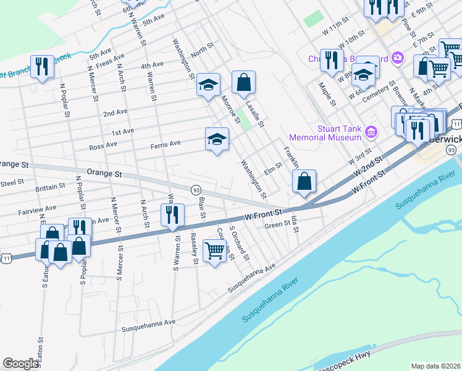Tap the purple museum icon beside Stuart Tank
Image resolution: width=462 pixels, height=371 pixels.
(371, 131)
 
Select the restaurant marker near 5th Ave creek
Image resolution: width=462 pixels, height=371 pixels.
(42, 66)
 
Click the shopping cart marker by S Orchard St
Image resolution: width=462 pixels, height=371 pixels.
(214, 251)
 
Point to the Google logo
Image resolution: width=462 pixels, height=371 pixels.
(20, 364)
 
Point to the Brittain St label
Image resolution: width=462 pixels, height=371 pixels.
(51, 186)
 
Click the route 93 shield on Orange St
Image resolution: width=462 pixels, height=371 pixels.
(196, 190)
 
